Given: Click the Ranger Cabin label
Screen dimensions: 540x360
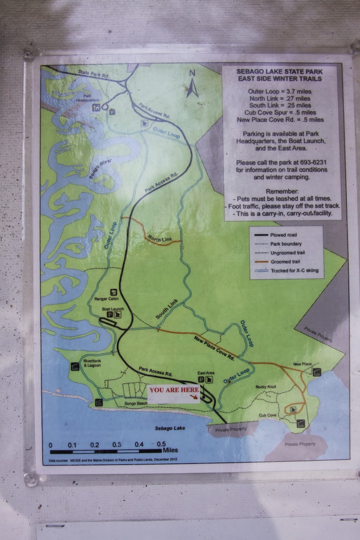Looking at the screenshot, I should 106,299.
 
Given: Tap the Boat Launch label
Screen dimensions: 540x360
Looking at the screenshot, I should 113,309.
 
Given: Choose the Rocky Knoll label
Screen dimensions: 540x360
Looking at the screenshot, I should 266,387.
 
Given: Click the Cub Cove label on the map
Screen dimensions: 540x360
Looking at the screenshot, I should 267,415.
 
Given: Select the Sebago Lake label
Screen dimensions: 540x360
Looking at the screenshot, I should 170,428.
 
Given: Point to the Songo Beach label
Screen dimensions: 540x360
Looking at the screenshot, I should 136,403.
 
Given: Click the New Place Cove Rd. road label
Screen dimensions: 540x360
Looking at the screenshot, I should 214,348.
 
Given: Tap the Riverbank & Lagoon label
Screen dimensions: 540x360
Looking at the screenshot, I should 92,363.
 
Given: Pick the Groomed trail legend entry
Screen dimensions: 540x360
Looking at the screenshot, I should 285,262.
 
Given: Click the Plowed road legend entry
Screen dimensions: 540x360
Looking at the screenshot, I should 283,235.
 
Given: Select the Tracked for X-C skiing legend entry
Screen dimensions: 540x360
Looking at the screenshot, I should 294,270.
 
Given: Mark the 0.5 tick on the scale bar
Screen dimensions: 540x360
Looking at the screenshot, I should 161,444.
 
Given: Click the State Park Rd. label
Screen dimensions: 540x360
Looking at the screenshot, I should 94,74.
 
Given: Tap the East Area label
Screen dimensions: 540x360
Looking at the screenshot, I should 206,373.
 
